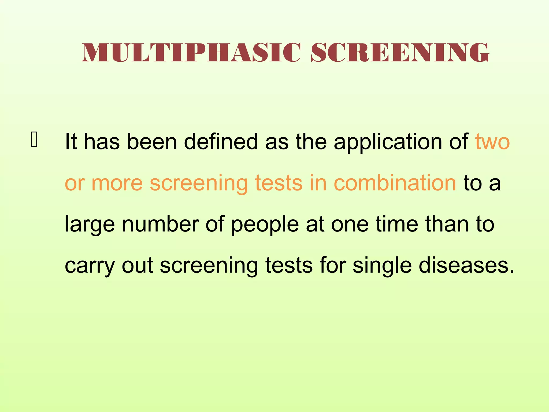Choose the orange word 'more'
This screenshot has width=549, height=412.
[x=117, y=183]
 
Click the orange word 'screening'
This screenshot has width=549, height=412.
[x=199, y=183]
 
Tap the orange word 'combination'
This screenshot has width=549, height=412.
[x=395, y=183]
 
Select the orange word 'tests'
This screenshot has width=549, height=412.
[x=279, y=183]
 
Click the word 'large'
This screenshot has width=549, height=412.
[x=90, y=225]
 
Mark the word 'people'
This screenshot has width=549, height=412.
[x=265, y=225]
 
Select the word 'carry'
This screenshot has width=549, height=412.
[x=90, y=266]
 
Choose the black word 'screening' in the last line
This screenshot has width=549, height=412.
[x=209, y=266]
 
